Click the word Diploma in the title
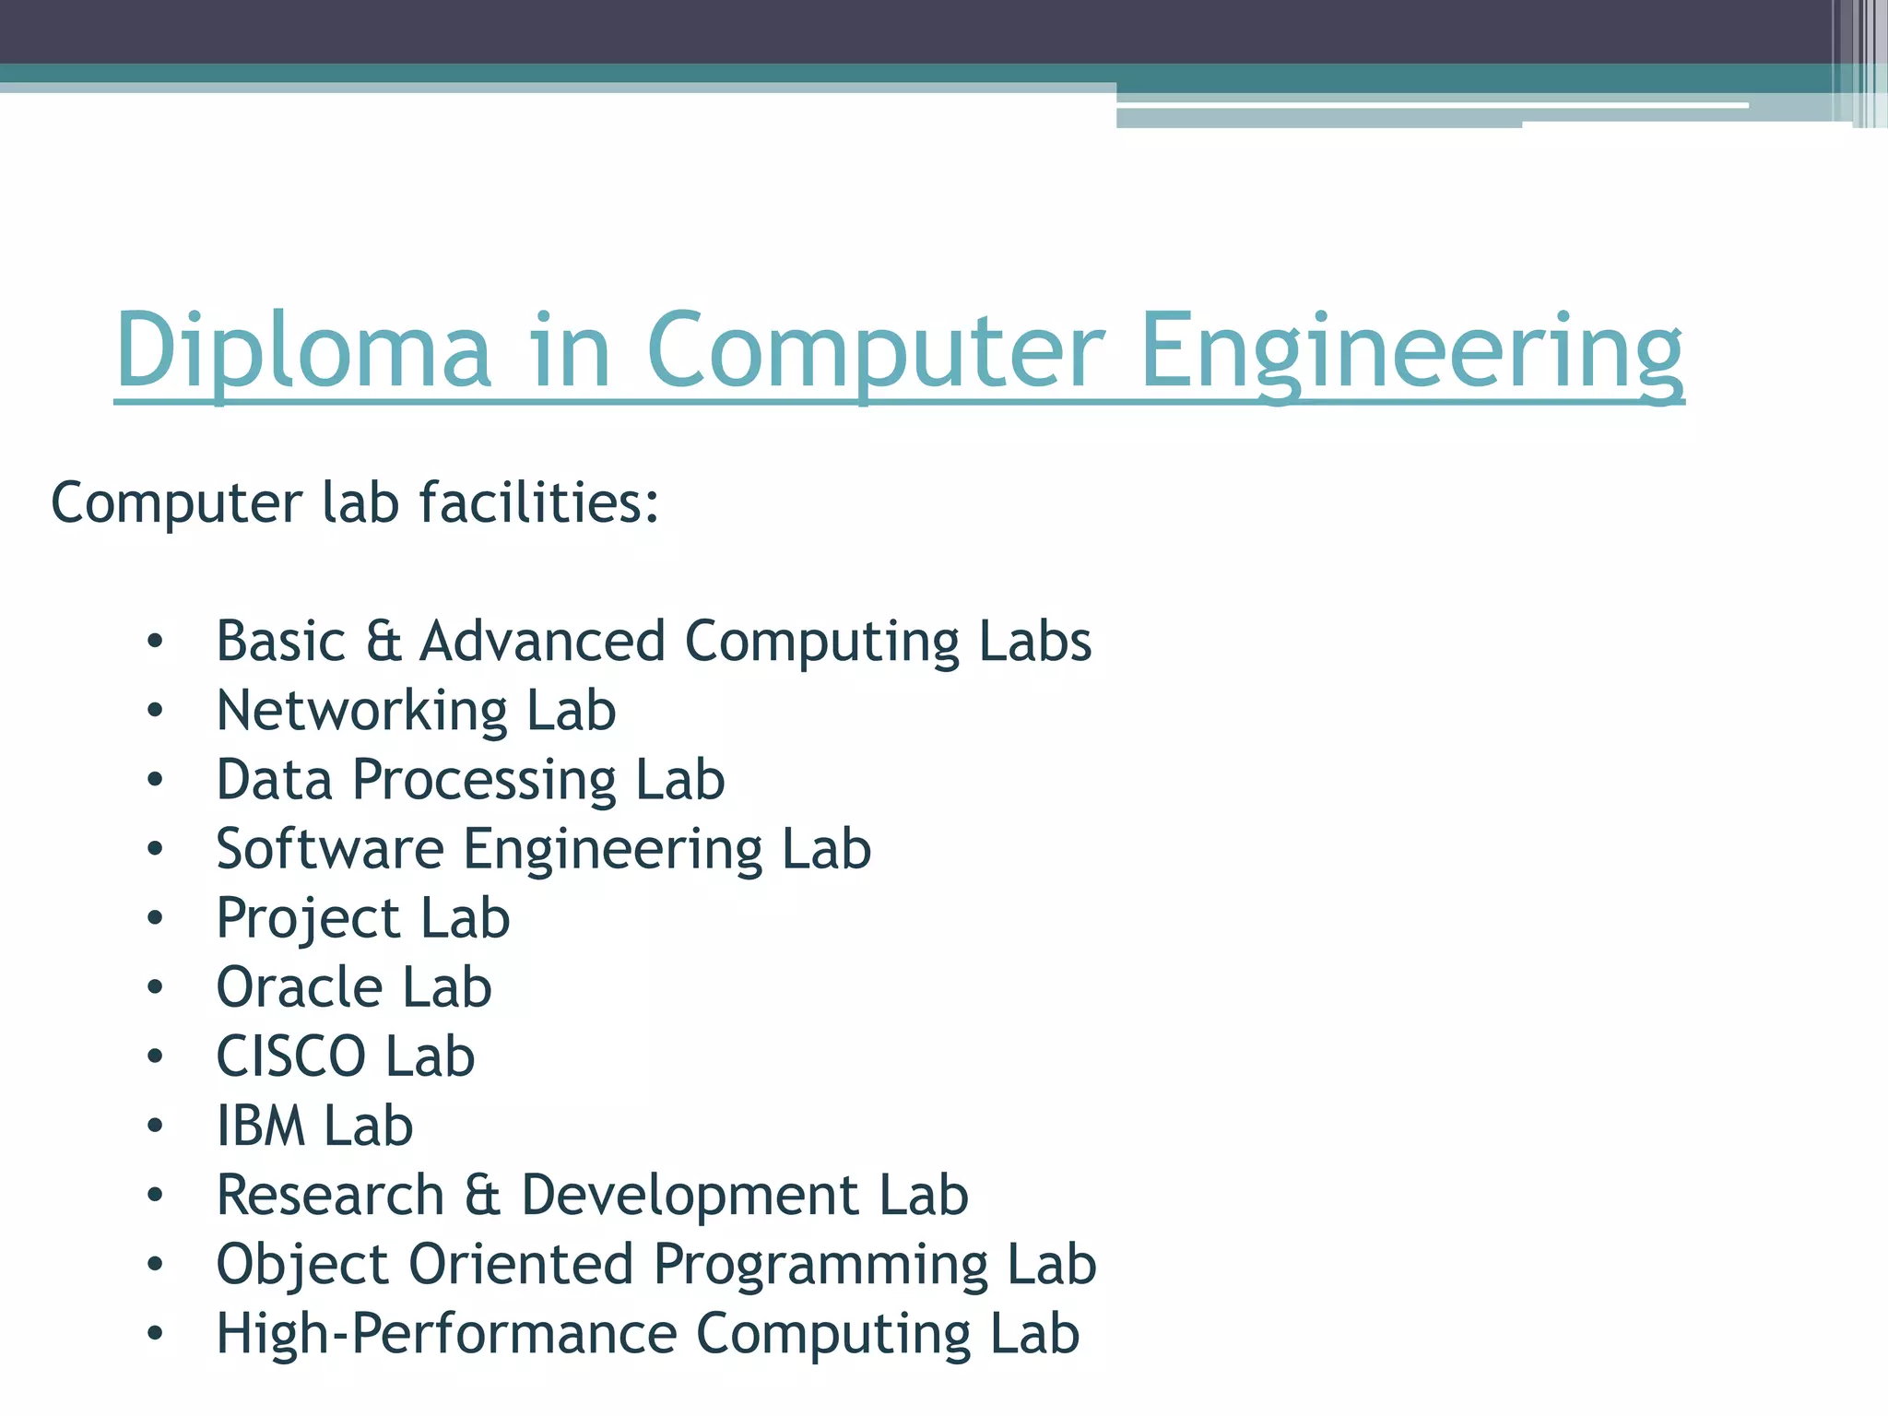[x=303, y=351]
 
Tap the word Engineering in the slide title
[x=1411, y=351]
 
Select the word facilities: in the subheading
[x=539, y=503]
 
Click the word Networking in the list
[x=361, y=711]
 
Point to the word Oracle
[x=299, y=987]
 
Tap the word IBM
[x=261, y=1126]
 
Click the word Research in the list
[x=330, y=1195]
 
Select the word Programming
[x=821, y=1264]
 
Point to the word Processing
[x=484, y=780]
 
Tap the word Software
[x=329, y=849]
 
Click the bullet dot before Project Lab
[x=155, y=918]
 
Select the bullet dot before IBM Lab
[x=155, y=1126]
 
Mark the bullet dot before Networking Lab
[x=155, y=711]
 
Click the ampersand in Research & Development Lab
[x=482, y=1195]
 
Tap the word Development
[x=690, y=1195]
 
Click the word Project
[x=308, y=918]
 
